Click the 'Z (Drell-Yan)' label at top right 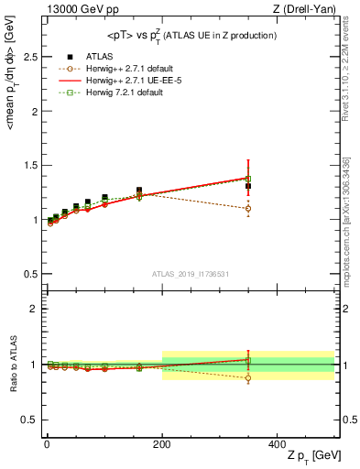tap(301, 9)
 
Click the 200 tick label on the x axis tap(162, 442)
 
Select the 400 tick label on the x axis tap(278, 442)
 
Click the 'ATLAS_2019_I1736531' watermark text tap(190, 274)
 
